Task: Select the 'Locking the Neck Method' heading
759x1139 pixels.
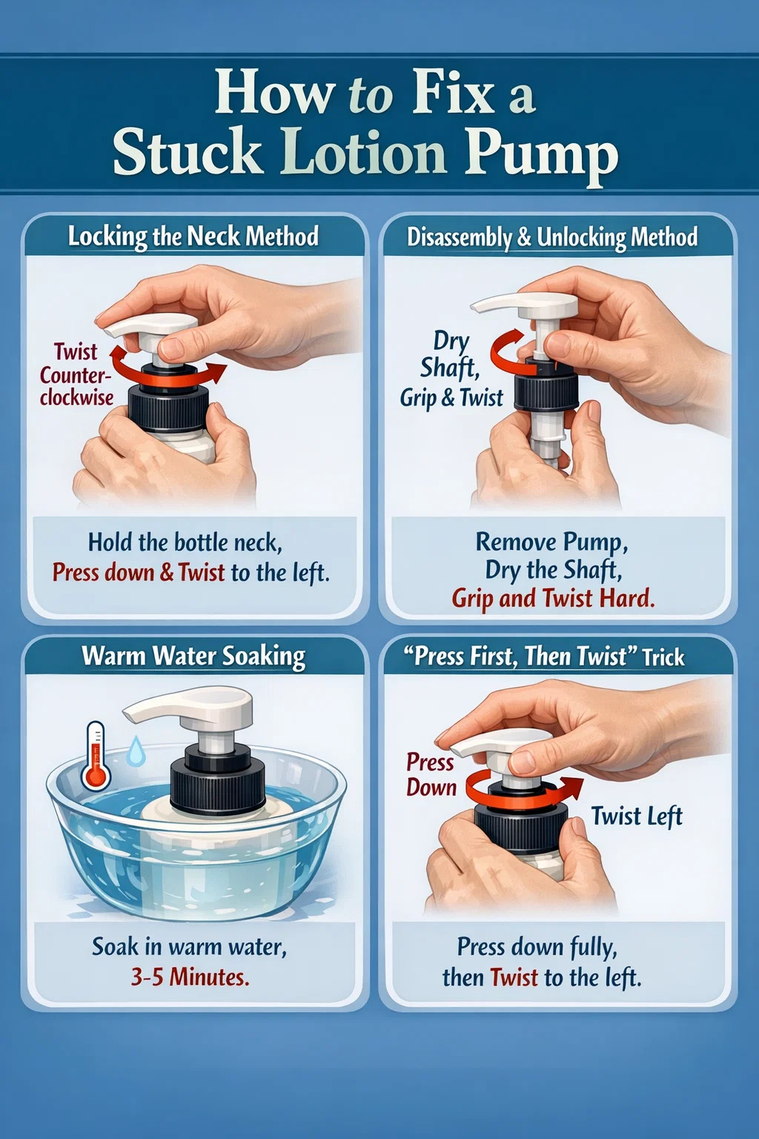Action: pos(193,237)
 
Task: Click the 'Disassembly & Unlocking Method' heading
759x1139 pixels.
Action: pos(552,238)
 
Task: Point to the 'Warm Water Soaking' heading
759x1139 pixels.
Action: pos(193,657)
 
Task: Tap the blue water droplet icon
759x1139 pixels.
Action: pos(135,750)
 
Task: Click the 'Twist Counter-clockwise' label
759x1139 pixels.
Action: pos(76,374)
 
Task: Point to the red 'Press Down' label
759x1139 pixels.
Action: pos(431,774)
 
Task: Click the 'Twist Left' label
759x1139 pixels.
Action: pos(637,816)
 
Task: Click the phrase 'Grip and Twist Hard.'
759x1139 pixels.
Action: pos(553,598)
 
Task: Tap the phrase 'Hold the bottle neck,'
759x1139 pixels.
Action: pos(185,542)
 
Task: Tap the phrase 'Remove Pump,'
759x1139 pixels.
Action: pos(552,542)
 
